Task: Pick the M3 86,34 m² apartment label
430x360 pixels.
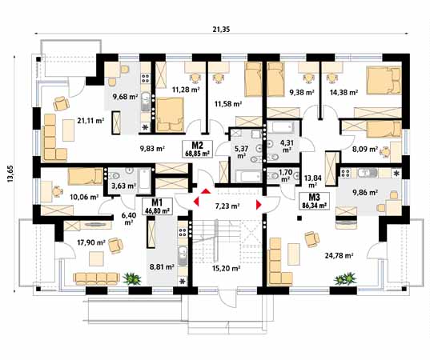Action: coord(310,200)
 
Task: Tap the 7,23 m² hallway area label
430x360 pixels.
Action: coord(225,206)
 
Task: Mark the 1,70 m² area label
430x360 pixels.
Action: coord(286,175)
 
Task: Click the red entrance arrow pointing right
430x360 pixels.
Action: coord(259,205)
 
